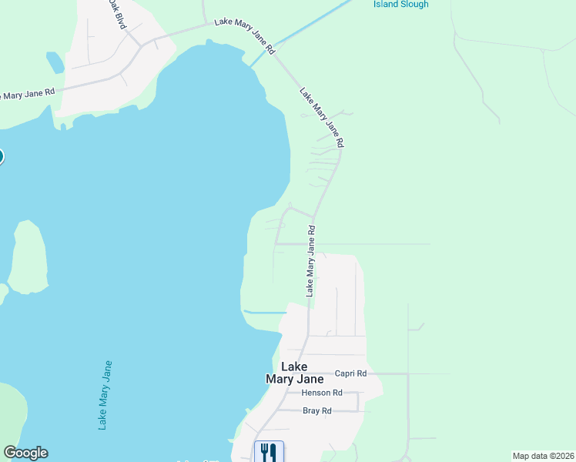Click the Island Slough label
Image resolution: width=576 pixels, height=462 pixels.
(x=400, y=5)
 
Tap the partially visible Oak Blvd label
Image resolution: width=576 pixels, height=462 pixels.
(x=116, y=14)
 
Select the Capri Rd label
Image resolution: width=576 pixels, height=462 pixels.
(x=350, y=373)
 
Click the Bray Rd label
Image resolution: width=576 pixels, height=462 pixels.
(x=316, y=411)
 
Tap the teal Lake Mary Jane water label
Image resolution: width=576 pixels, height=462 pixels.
(x=105, y=395)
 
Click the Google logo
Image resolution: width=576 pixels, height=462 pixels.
(x=25, y=453)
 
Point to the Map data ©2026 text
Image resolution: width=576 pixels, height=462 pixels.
(x=543, y=455)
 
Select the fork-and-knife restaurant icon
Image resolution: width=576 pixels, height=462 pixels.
(x=269, y=451)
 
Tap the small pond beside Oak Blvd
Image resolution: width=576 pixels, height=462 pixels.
(x=55, y=62)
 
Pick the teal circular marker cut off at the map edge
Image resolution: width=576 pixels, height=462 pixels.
(x=1, y=156)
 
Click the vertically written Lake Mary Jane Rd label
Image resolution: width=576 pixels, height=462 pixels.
(x=311, y=261)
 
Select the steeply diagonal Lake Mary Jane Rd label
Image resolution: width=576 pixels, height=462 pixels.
(x=322, y=116)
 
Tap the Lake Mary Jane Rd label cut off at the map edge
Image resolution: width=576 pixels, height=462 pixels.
(x=27, y=95)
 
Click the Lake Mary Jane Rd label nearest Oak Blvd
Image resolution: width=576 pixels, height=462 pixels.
(x=245, y=35)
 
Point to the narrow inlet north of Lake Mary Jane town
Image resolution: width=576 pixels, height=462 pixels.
(x=265, y=312)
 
